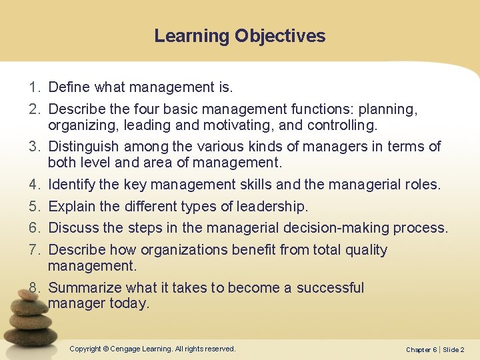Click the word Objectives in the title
click(279, 36)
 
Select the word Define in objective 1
click(70, 87)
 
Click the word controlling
click(339, 125)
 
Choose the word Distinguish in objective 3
click(84, 146)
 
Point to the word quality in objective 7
click(366, 250)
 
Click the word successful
click(330, 288)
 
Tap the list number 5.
click(33, 206)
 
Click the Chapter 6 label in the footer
click(420, 349)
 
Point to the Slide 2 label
click(453, 349)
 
